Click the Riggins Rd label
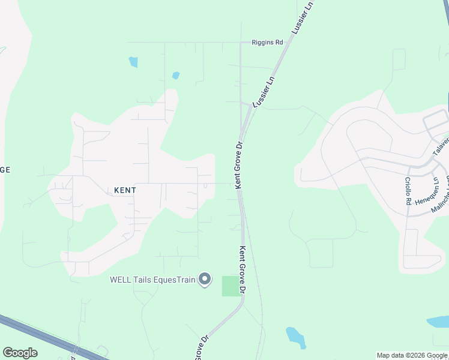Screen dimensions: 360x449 tap(267, 43)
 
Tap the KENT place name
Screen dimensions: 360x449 tap(125, 190)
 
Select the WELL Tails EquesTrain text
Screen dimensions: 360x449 tap(153, 280)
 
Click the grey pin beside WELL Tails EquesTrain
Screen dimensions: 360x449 tap(205, 280)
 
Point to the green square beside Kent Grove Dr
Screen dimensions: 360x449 tap(231, 286)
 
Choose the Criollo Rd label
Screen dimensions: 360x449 tap(407, 191)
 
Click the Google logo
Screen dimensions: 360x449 tap(20, 353)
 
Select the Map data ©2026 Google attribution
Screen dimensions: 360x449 tap(412, 355)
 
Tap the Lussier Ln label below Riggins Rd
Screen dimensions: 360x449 tap(264, 92)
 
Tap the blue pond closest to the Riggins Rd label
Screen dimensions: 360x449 tap(176, 76)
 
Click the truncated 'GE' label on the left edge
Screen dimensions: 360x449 tap(5, 170)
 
